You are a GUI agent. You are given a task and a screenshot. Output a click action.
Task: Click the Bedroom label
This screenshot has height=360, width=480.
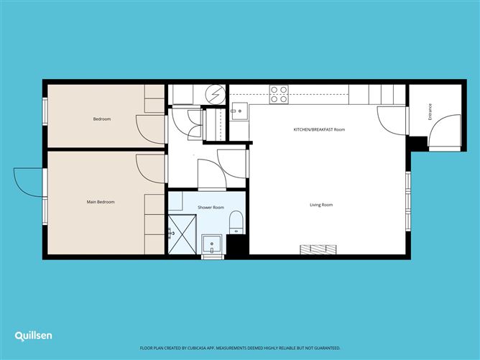point(102,119)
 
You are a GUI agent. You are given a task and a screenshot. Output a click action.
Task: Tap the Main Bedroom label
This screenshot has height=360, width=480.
point(101,202)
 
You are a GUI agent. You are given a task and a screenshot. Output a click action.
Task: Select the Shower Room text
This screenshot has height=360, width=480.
point(211,207)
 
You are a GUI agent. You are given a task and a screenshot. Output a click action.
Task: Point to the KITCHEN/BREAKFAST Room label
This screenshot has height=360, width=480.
point(320,129)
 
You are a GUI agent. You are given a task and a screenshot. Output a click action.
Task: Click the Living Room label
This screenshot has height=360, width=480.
point(321,205)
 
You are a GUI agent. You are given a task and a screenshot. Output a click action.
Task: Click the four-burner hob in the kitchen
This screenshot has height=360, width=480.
point(279,94)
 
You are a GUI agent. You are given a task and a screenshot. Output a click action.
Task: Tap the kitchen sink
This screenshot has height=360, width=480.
point(239,110)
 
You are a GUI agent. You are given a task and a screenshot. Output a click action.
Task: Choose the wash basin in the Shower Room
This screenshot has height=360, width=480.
point(211,246)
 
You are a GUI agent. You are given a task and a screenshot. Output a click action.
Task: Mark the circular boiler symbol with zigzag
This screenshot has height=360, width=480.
point(213,93)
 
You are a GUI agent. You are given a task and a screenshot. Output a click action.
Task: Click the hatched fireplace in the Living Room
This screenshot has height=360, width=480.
point(318,249)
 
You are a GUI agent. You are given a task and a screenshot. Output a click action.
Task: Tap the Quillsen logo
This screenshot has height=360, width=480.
point(33,336)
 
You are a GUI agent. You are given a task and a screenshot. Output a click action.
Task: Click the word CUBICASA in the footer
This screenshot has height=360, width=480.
point(216,346)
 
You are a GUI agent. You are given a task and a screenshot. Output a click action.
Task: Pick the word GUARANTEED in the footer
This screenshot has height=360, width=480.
point(321,346)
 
